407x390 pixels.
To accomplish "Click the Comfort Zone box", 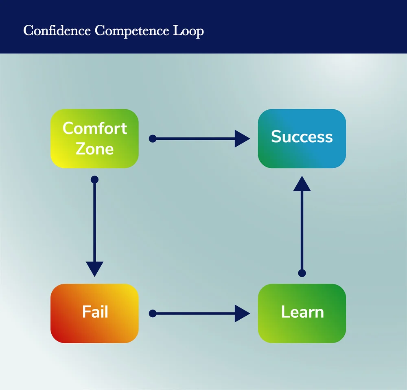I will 94,139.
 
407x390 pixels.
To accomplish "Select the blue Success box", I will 302,139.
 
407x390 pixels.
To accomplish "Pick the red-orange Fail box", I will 94,313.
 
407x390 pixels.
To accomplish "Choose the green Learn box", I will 302,313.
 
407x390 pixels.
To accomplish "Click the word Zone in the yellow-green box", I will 94,149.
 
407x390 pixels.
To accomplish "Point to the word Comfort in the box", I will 94,128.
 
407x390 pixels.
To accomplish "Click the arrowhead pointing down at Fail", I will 94,269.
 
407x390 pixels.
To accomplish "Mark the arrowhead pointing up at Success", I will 302,184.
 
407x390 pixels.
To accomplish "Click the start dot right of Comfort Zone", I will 153,139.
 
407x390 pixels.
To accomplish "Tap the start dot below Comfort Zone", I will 94,179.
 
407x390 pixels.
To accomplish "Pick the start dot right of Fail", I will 153,313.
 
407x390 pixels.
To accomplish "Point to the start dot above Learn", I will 302,273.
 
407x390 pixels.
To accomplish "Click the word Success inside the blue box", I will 302,136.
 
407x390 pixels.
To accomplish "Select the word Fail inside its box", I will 95,312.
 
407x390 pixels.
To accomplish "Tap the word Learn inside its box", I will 302,312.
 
